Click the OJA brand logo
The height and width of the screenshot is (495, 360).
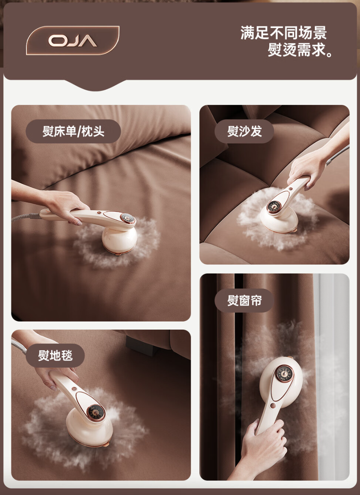[73, 41]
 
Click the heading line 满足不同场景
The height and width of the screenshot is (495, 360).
[284, 33]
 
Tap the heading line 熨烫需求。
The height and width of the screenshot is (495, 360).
[301, 50]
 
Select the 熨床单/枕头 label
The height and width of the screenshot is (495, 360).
[73, 131]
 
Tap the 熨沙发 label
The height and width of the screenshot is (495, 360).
[244, 131]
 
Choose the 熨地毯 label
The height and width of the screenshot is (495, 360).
[55, 356]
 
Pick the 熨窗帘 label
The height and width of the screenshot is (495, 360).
[244, 301]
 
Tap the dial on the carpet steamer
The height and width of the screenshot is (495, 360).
[96, 413]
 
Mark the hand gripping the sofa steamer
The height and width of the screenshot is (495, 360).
[305, 167]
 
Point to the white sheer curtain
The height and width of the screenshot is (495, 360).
[334, 366]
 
